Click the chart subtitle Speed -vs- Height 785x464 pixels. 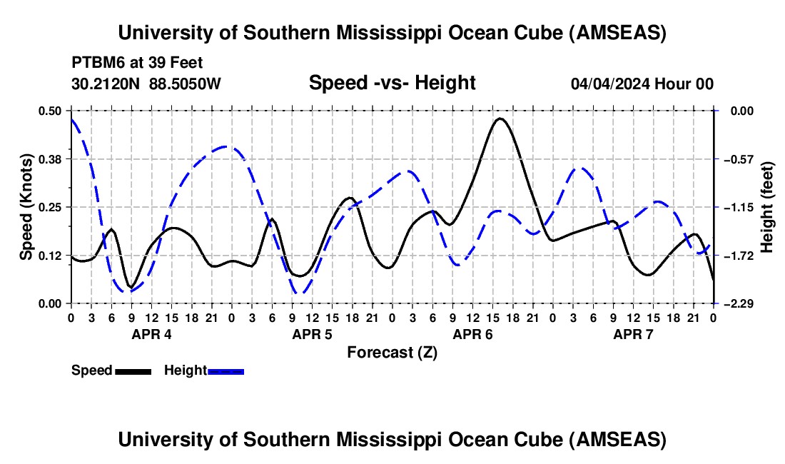pos(392,83)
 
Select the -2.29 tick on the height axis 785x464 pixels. pos(734,303)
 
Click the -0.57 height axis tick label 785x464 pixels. pos(734,158)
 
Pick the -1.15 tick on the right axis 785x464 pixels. pos(734,207)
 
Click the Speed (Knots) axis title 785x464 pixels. pos(26,207)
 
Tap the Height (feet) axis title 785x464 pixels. pos(768,207)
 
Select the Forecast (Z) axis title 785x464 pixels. pos(392,352)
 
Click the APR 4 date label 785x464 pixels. pos(151,334)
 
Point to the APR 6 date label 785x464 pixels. pos(472,334)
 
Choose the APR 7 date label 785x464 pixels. pos(633,334)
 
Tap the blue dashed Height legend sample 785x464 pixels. pos(226,371)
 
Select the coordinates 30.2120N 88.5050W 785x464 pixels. pos(146,84)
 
